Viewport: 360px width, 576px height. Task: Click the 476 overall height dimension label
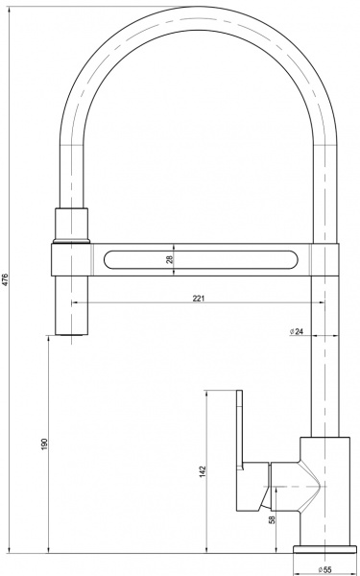pos(7,279)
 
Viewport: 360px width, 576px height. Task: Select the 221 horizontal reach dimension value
pos(198,299)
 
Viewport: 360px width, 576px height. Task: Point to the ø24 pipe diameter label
pos(297,331)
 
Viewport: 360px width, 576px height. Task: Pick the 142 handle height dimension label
pos(202,472)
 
